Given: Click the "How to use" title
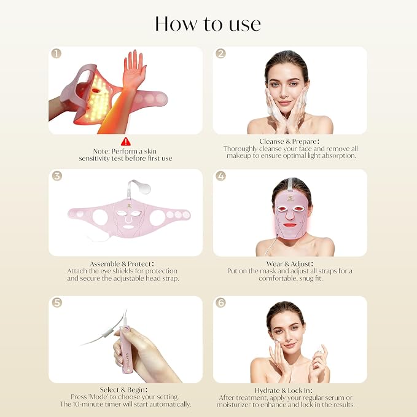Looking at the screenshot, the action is point(208,24).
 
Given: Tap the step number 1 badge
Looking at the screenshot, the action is point(56,53).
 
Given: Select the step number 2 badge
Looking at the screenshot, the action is point(220,53).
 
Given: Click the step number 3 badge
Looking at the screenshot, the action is point(57,176).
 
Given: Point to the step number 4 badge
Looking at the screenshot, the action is point(220,176).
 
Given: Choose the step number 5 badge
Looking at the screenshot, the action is point(57,302).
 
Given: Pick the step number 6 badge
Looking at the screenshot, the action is point(220,302).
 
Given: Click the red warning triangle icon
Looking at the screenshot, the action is point(126,141).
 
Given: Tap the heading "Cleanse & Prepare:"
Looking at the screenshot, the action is point(289,141).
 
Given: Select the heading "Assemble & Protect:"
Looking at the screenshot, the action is point(122,264).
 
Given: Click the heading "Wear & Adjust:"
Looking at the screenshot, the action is point(290,264).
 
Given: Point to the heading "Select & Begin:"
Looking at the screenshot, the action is point(123,389).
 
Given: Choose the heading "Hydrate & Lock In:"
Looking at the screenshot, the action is point(284,391).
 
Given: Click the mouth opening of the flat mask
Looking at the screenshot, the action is point(128,228).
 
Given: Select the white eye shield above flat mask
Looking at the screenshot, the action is point(143,188).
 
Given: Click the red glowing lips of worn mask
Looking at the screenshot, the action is point(290,225).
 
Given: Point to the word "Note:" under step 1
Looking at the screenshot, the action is point(101,151).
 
